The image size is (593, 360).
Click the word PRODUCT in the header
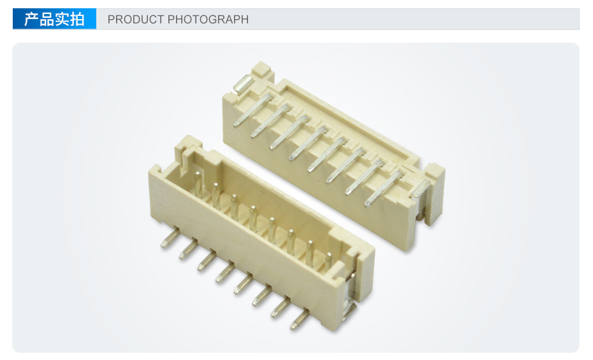tap(135, 19)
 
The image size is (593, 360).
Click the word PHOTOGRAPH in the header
tap(208, 19)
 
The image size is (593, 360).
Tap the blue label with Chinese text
tap(54, 19)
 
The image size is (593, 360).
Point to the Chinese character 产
tap(32, 19)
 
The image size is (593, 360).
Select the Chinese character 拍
tap(77, 19)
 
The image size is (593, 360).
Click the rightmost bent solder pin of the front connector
tap(300, 319)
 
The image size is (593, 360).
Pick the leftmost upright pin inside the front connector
tap(198, 184)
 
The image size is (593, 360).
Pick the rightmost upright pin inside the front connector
tap(328, 261)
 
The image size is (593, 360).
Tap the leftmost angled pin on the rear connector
tap(253, 110)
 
